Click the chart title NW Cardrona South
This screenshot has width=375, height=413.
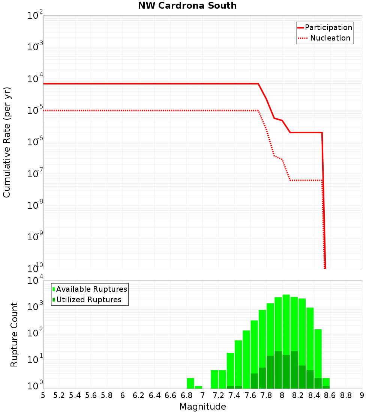click(x=187, y=6)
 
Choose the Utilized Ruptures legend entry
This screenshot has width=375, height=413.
click(x=88, y=300)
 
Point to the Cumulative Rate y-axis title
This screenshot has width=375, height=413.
click(x=7, y=142)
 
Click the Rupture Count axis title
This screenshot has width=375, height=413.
click(x=14, y=334)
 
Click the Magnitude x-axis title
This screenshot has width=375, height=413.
click(x=202, y=406)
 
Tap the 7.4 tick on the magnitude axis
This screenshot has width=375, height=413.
click(x=234, y=395)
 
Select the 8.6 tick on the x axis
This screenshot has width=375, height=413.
click(x=330, y=395)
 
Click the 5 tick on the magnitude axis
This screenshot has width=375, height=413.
click(x=43, y=395)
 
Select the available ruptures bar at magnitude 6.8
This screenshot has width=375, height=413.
click(x=190, y=383)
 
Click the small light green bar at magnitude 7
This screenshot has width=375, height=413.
click(x=198, y=387)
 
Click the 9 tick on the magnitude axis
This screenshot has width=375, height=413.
click(x=362, y=395)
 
